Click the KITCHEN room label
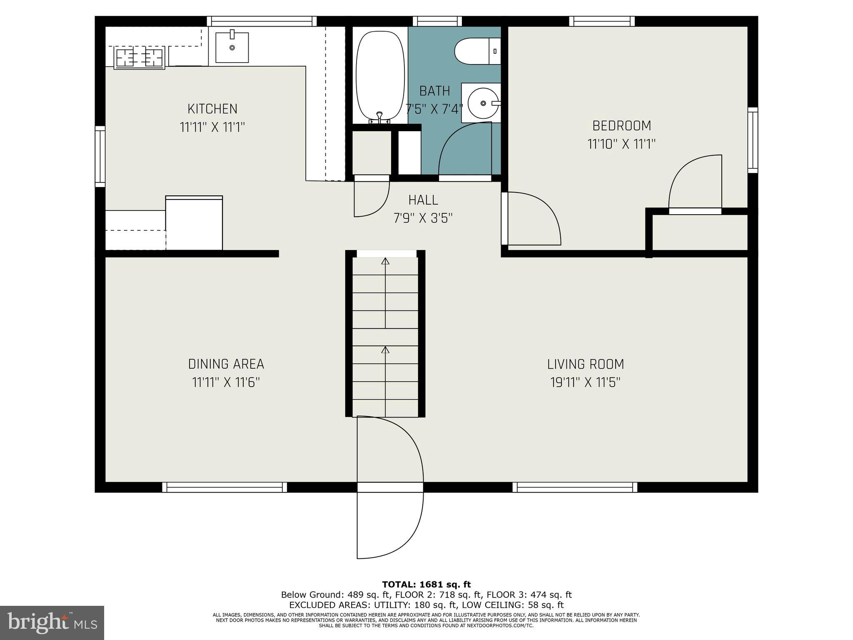(x=212, y=109)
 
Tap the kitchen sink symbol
(x=232, y=47)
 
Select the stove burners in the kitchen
(x=139, y=57)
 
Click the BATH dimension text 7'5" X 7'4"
(x=434, y=109)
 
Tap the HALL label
(x=423, y=200)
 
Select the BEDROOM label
(x=621, y=126)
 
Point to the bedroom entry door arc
(x=533, y=218)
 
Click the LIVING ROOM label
(x=585, y=365)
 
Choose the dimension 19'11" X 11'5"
(x=585, y=382)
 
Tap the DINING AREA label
(x=226, y=365)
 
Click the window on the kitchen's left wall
(x=100, y=157)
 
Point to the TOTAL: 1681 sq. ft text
(x=426, y=585)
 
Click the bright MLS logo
(x=52, y=622)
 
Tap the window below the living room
(x=574, y=487)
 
